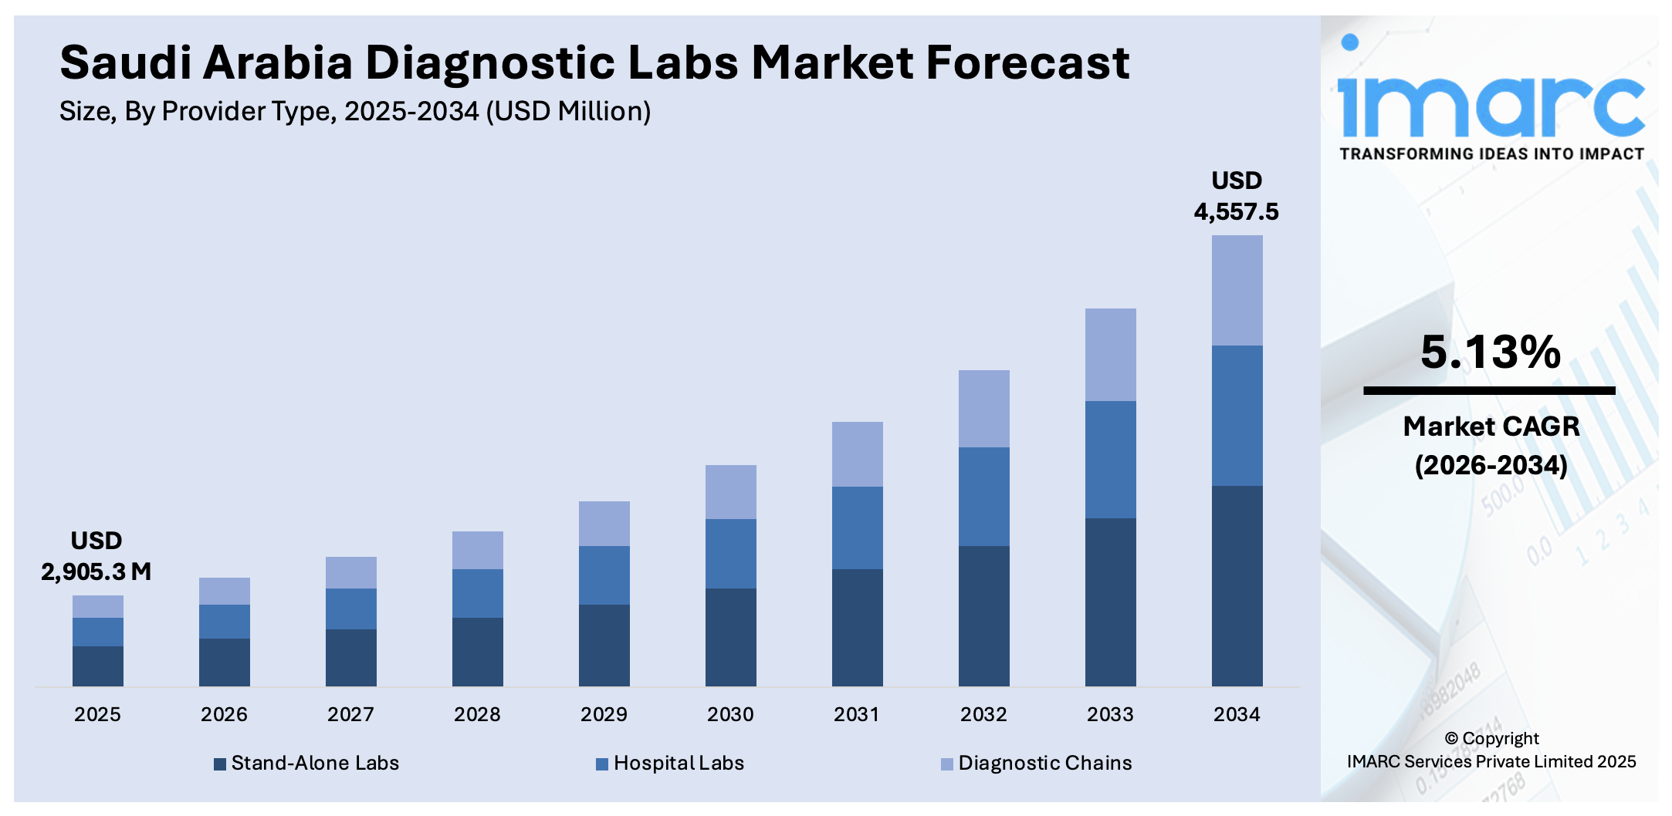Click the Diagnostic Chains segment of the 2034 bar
click(x=1237, y=290)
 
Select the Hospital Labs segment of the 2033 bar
click(x=1110, y=459)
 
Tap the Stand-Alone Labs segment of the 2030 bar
click(x=730, y=636)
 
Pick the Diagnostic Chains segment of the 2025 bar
click(x=97, y=606)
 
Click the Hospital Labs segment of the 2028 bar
click(x=477, y=593)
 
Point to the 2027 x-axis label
click(x=350, y=714)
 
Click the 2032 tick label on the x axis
click(x=983, y=714)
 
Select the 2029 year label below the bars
click(x=604, y=714)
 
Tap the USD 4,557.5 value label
click(x=1236, y=196)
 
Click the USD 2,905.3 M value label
click(x=96, y=556)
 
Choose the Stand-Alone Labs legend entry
click(x=306, y=763)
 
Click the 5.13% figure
click(x=1491, y=352)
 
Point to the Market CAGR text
click(x=1491, y=427)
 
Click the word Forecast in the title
click(x=1027, y=62)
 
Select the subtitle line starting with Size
click(x=355, y=112)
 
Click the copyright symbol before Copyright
click(x=1451, y=739)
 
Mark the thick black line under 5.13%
click(x=1489, y=391)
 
